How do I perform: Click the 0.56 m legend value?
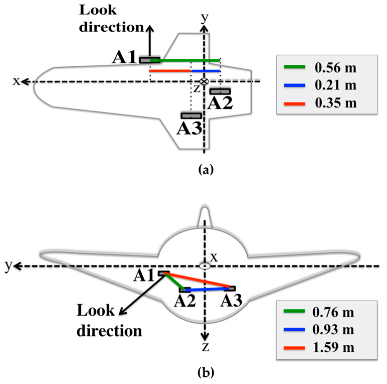pos(335,68)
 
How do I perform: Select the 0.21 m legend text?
pos(335,85)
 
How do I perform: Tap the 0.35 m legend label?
pos(335,103)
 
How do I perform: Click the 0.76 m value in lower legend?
pos(333,312)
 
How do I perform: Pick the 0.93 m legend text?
pos(333,330)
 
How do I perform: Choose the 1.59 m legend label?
pos(333,347)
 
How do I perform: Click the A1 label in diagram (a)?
pos(125,58)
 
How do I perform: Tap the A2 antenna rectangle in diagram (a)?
pos(220,91)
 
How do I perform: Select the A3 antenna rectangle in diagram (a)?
pos(191,116)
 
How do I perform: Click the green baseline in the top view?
pos(185,60)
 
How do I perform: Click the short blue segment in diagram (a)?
pos(206,71)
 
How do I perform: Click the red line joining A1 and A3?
pos(198,280)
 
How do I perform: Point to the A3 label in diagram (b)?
pos(231,301)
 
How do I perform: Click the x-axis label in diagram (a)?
pos(16,81)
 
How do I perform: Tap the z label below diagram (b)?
pos(205,347)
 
